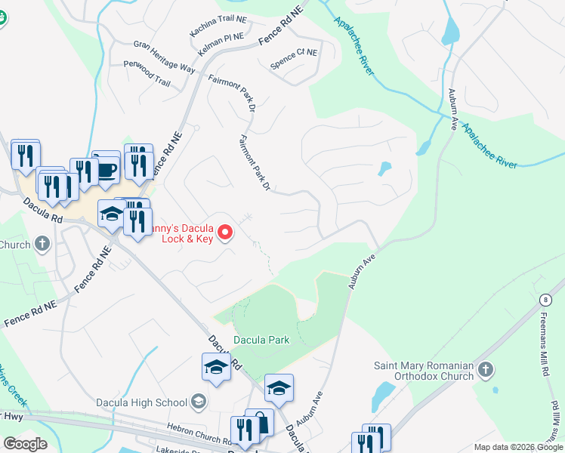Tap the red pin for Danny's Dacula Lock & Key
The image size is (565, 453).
225,234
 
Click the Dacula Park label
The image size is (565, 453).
261,341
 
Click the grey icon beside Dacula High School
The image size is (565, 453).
199,401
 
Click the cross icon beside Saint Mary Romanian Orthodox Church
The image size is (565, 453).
486,370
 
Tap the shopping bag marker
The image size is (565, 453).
259,424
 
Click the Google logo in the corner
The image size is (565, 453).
24,443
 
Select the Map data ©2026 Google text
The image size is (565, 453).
518,447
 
